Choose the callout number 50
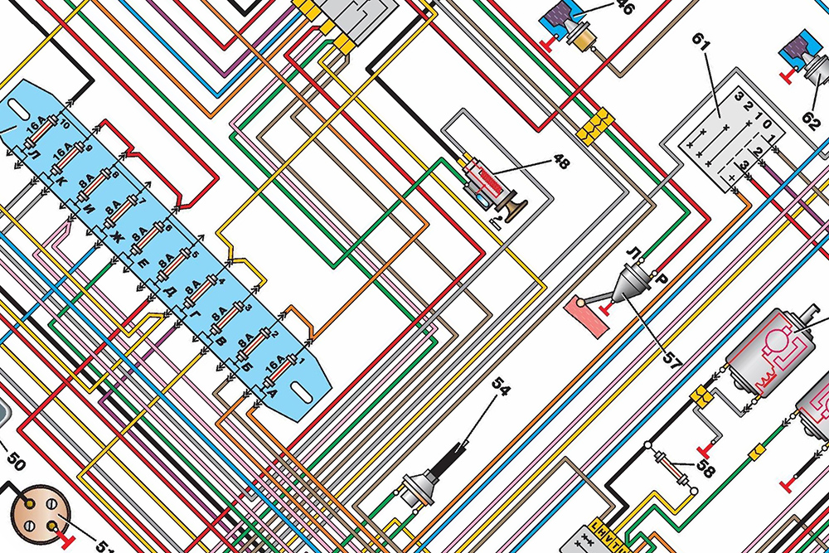[17, 457]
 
